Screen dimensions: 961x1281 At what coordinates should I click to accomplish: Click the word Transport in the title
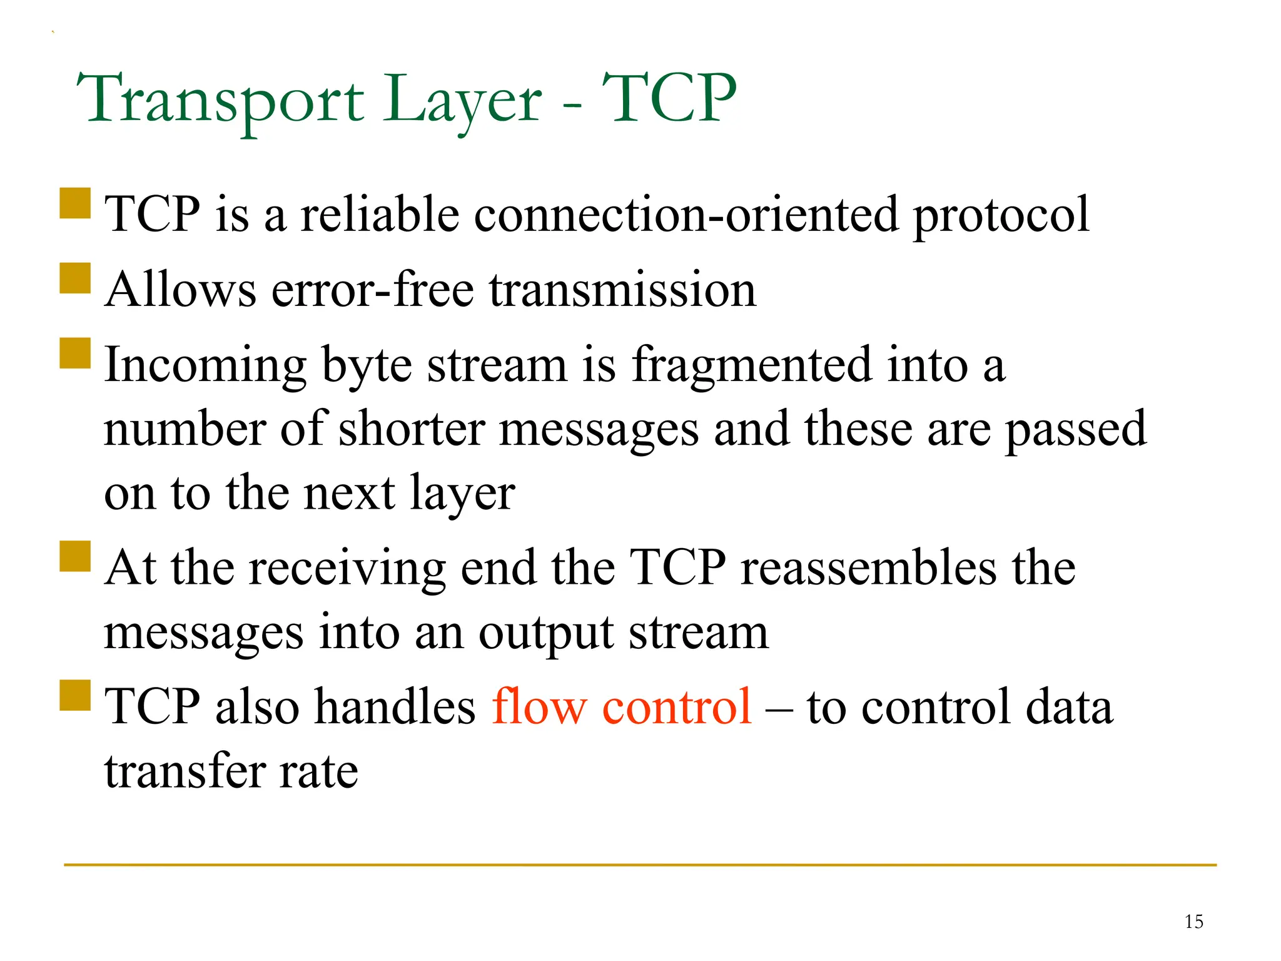[220, 100]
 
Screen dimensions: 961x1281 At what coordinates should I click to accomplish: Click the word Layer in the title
[462, 100]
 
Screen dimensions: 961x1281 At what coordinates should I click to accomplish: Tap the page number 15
[1193, 922]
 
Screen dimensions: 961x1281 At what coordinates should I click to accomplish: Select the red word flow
[539, 706]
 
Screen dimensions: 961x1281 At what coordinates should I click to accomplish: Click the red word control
[676, 706]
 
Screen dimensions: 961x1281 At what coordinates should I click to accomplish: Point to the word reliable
[380, 215]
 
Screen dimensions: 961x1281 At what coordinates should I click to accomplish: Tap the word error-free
[373, 290]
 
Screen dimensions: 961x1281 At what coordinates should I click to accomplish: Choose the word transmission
[622, 290]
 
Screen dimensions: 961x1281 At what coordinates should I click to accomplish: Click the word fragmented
[751, 366]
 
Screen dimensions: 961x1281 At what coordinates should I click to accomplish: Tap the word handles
[395, 706]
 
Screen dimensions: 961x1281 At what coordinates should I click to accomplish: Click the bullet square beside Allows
[76, 278]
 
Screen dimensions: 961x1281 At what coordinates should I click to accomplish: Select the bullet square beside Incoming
[76, 353]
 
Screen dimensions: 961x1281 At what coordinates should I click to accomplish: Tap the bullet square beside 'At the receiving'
[76, 556]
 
